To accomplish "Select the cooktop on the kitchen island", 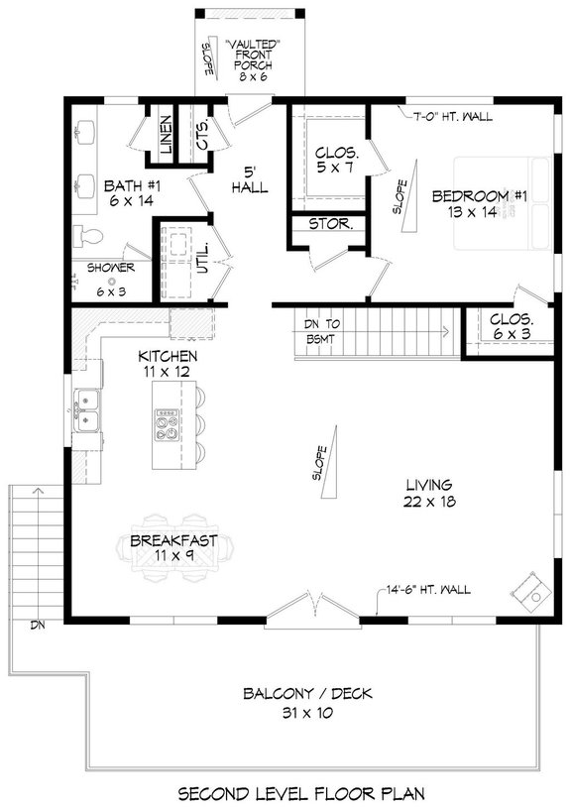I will pos(167,428).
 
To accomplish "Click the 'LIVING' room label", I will pos(428,485).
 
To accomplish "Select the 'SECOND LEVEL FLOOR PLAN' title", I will pos(301,792).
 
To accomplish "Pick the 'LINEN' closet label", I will pos(166,136).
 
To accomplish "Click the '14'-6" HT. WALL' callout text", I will pos(428,592).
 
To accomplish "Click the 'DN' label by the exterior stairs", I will pos(38,626).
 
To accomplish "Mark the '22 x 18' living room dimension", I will pos(428,503).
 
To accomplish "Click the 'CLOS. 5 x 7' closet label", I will pos(336,163).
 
